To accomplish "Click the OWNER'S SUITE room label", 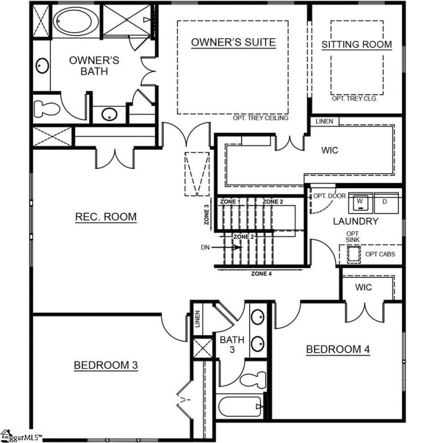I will coord(233,43).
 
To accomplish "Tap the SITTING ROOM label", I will coord(356,44).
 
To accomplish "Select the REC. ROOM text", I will coord(106,217).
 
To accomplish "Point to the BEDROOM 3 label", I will coord(105,365).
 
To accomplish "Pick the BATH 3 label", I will coord(228,344).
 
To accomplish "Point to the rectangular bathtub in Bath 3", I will coord(238,408).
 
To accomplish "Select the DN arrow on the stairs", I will coord(234,248).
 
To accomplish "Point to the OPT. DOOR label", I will coord(329,196).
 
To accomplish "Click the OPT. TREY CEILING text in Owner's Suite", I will coord(261,118).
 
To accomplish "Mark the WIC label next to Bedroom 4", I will coord(363,287).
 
